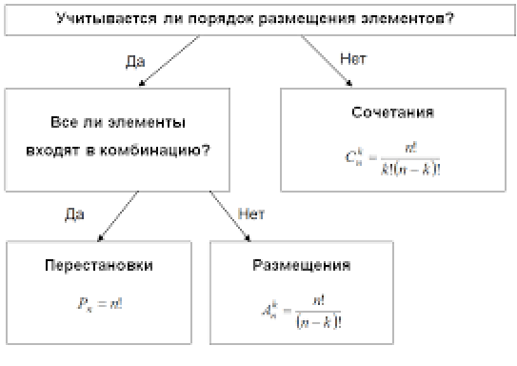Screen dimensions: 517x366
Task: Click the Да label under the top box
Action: pyautogui.click(x=135, y=60)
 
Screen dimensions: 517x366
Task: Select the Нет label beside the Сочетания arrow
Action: pyautogui.click(x=353, y=59)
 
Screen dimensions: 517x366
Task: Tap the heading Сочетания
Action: pyautogui.click(x=392, y=112)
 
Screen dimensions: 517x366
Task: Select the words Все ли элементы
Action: pyautogui.click(x=117, y=123)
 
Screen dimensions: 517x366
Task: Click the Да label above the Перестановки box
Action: pyautogui.click(x=75, y=214)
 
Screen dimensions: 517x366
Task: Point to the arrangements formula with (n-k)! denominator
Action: pyautogui.click(x=302, y=310)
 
